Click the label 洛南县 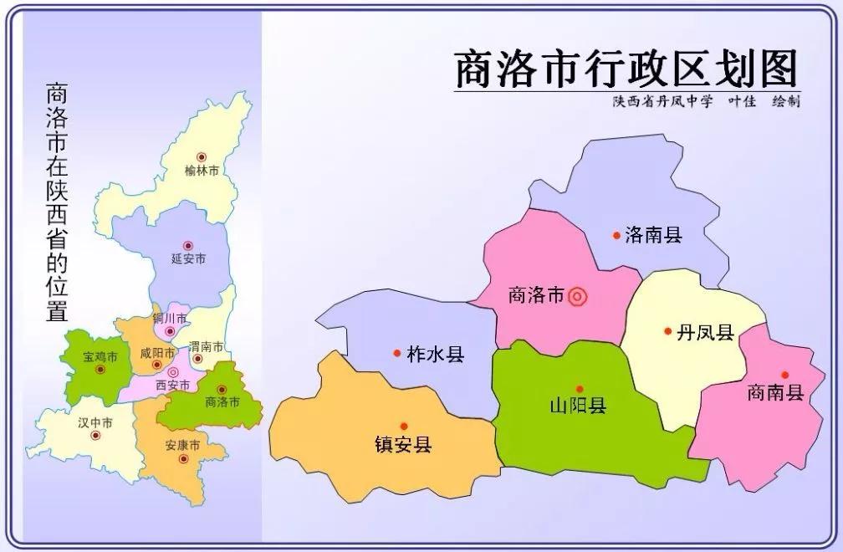(654, 236)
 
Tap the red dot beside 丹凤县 (667, 331)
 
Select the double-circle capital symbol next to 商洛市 (577, 295)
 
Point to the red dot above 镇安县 (404, 426)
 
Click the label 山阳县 (578, 406)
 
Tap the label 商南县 (775, 392)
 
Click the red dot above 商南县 (784, 375)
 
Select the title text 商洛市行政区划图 (626, 69)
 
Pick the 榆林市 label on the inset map (202, 171)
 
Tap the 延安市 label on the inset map (188, 259)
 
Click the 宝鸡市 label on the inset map (100, 357)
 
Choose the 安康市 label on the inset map (181, 444)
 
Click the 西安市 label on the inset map (173, 385)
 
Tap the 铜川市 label (170, 319)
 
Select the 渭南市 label (206, 346)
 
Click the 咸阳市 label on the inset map (157, 352)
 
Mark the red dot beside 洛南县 (616, 236)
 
